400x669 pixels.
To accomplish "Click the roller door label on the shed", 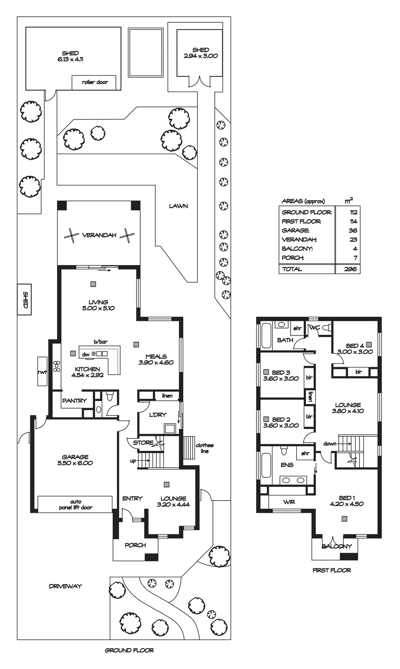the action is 95,82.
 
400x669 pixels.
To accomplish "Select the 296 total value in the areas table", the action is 350,269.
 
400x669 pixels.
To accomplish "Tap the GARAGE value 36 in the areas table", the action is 353,231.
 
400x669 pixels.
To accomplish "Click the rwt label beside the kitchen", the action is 42,372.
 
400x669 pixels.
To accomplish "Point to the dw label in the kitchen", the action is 86,354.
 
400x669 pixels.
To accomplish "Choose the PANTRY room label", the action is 74,401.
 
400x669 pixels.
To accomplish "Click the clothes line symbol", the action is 189,448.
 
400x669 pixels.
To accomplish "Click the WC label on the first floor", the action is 315,328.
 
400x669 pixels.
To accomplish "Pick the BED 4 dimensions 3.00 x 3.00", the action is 355,352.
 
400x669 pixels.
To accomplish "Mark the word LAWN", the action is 178,206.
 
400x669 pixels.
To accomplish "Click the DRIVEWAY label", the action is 65,586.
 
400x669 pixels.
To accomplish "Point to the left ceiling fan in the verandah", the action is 71,235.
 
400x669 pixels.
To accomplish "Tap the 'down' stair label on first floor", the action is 330,444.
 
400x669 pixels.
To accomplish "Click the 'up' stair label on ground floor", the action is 133,461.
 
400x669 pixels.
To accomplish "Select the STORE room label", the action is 143,443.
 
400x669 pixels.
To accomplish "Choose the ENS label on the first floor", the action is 287,465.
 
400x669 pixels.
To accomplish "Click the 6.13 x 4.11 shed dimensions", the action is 70,59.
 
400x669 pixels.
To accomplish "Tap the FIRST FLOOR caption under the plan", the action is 332,570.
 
